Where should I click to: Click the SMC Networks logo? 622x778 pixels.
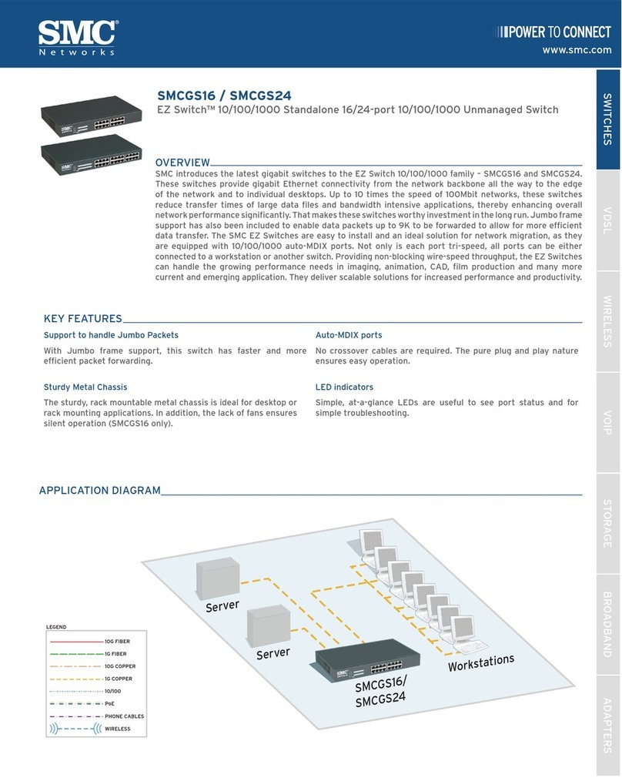click(77, 36)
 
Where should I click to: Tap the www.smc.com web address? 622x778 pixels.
click(577, 50)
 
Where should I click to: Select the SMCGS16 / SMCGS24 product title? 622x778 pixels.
click(224, 96)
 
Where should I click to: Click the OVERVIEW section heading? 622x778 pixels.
click(182, 163)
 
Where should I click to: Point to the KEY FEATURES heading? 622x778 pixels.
click(83, 318)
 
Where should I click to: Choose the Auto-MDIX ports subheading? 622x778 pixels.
click(349, 335)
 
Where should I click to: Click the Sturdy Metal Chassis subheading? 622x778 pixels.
click(85, 387)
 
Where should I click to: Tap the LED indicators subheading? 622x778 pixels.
click(344, 387)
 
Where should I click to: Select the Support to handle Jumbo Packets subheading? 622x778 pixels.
click(111, 335)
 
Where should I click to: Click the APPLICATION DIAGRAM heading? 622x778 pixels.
click(100, 490)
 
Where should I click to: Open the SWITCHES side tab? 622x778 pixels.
click(607, 119)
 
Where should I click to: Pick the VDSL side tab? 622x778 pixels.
click(607, 220)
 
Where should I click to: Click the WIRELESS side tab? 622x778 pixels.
click(607, 321)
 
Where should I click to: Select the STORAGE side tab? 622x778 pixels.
click(607, 524)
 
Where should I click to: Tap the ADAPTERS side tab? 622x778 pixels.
click(607, 725)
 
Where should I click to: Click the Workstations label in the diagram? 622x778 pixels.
click(480, 662)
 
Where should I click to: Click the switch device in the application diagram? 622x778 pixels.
click(367, 659)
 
